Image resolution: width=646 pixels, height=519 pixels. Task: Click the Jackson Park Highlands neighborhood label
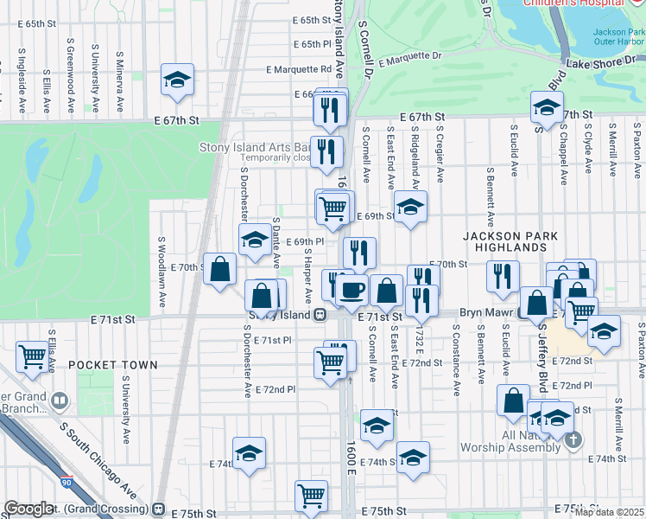coord(515,241)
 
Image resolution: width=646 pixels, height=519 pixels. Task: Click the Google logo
coord(28,509)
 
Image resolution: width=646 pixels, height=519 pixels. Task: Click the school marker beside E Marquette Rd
coord(177,80)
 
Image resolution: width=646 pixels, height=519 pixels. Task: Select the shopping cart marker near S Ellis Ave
coord(32,355)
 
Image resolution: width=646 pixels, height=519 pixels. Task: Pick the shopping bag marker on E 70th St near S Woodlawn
coord(221,268)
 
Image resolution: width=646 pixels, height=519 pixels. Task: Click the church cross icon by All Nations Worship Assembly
coord(572,441)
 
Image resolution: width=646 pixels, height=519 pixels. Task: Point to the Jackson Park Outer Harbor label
coord(618,37)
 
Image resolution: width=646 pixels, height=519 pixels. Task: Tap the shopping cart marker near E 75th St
coord(311,496)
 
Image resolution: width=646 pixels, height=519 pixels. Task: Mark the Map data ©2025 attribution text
coord(608,512)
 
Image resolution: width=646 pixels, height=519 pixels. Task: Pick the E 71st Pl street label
coord(272,340)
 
